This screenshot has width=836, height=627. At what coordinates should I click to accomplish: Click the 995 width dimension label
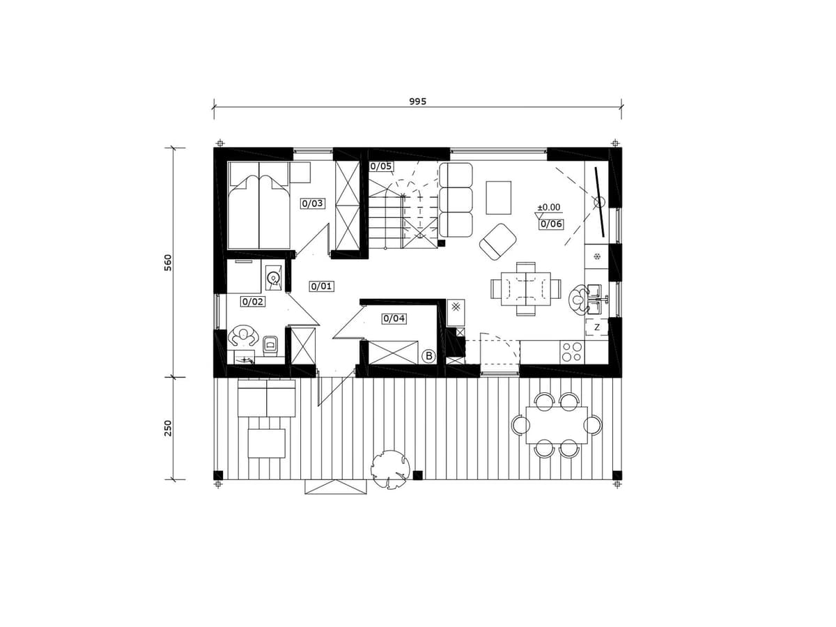417,101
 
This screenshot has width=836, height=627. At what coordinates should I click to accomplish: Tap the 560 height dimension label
168,263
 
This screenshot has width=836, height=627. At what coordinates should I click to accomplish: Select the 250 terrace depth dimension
168,428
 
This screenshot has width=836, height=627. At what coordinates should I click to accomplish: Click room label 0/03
312,203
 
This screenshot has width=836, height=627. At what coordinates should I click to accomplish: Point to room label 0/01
321,286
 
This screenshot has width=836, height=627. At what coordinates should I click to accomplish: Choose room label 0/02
252,302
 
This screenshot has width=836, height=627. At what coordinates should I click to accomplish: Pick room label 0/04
394,318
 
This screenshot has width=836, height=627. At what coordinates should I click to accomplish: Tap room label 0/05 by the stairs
381,167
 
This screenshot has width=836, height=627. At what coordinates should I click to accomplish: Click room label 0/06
551,224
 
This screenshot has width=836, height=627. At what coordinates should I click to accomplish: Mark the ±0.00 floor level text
548,208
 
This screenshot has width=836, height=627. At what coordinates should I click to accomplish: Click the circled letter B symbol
429,356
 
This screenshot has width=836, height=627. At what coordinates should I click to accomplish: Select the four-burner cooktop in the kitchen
572,352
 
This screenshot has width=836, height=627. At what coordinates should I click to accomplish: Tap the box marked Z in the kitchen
597,327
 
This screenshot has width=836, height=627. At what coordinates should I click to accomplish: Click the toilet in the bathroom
270,346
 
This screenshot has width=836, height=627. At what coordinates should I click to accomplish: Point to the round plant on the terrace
391,469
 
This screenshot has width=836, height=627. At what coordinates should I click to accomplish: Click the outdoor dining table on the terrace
557,425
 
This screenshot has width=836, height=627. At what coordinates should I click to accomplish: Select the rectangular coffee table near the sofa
498,198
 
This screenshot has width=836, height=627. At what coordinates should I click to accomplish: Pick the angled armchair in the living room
498,242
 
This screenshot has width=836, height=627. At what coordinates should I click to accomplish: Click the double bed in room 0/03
258,206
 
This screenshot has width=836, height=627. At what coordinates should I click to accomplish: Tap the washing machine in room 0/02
274,278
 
